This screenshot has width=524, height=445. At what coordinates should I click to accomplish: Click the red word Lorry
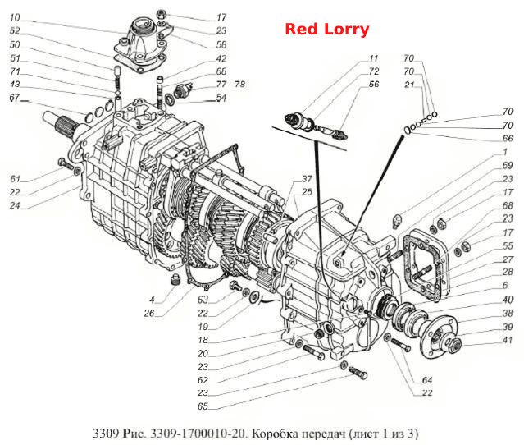click(347, 30)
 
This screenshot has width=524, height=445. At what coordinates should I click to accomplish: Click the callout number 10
click(15, 17)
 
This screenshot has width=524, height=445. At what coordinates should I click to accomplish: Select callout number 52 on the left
click(15, 31)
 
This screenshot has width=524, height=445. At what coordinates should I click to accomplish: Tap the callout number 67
click(15, 98)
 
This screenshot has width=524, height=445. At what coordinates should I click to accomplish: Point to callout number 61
click(15, 179)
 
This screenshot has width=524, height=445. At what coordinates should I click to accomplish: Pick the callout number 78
click(240, 84)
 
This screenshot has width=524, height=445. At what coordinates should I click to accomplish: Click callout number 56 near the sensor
click(374, 84)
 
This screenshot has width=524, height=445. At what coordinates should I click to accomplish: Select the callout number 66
click(508, 138)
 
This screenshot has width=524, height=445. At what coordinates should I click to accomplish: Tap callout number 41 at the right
click(508, 340)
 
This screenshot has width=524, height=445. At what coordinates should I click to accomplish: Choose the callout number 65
click(203, 406)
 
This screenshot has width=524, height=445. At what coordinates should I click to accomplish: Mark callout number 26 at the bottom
click(149, 313)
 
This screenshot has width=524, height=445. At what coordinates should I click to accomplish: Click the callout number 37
click(307, 179)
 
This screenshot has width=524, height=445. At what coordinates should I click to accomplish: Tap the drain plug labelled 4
click(174, 279)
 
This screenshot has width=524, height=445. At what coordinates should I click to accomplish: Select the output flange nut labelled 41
click(453, 343)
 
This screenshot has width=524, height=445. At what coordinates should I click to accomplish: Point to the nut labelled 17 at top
click(162, 15)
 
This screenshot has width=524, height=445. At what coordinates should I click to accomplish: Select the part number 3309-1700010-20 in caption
click(198, 434)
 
